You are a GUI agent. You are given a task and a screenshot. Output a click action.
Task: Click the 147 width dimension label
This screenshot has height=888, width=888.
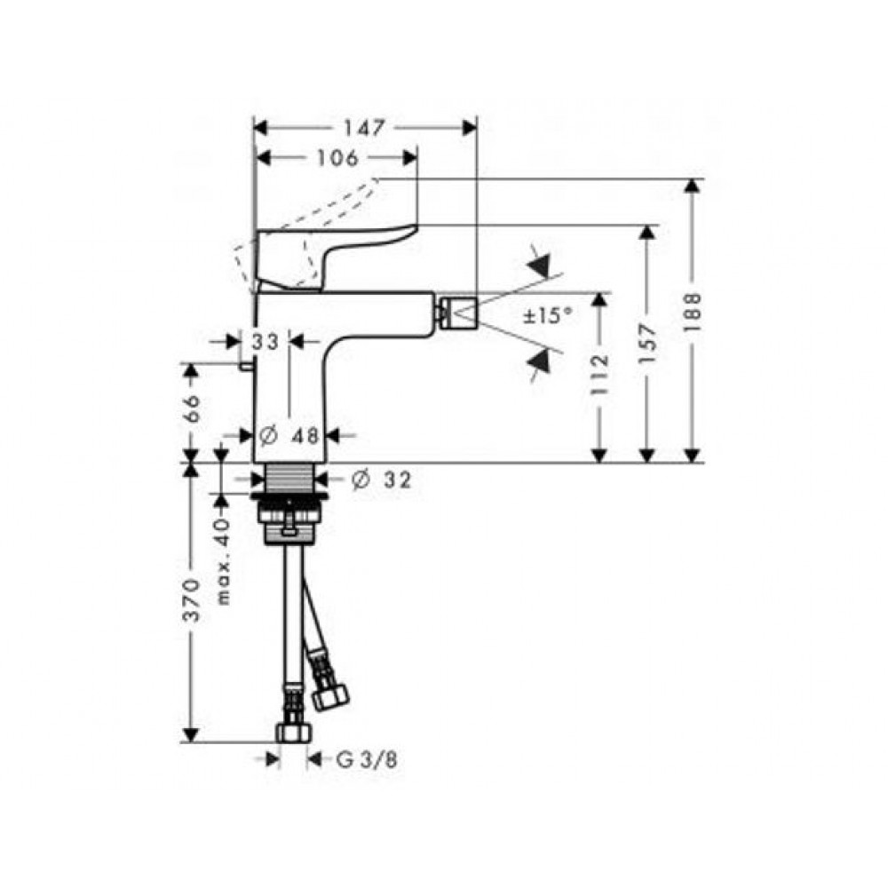pos(364,128)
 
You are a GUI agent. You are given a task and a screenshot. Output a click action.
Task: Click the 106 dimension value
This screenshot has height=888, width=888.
pos(337,158)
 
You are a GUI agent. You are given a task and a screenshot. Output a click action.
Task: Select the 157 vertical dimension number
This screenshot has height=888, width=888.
pos(648,344)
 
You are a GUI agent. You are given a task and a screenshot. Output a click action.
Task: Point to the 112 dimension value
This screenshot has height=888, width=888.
pos(599,375)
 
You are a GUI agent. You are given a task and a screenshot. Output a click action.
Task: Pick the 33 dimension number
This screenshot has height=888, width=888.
pos(265,342)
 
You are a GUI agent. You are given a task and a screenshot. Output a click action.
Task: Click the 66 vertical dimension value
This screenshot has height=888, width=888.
pos(192,408)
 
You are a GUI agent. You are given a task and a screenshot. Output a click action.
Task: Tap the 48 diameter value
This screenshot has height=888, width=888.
pos(305,435)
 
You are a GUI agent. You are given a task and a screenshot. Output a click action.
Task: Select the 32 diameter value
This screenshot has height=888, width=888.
pos(398,480)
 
